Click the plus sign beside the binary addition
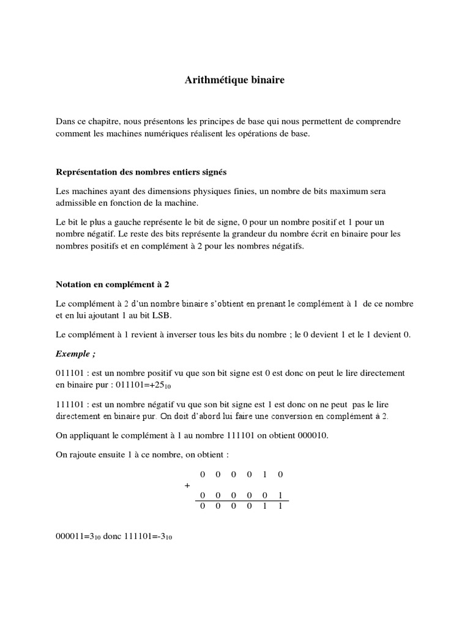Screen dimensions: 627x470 point(187,485)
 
